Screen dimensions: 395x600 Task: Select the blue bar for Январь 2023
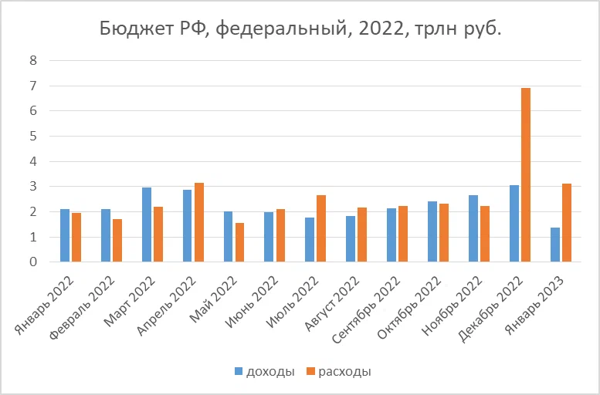[x=554, y=245]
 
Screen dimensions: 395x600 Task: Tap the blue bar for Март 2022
[x=147, y=225]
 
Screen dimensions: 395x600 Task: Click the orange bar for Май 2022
[x=240, y=242]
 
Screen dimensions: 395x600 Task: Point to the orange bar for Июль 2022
[x=321, y=228]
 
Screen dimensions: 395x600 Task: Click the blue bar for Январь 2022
[x=65, y=235]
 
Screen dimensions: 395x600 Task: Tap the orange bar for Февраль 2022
[x=117, y=241]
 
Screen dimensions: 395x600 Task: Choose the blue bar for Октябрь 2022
[x=432, y=231]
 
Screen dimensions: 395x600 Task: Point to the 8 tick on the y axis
[x=33, y=60]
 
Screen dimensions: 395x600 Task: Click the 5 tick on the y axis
[x=33, y=136]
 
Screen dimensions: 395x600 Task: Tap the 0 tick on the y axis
[x=33, y=262]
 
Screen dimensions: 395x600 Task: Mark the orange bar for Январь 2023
[x=567, y=223]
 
